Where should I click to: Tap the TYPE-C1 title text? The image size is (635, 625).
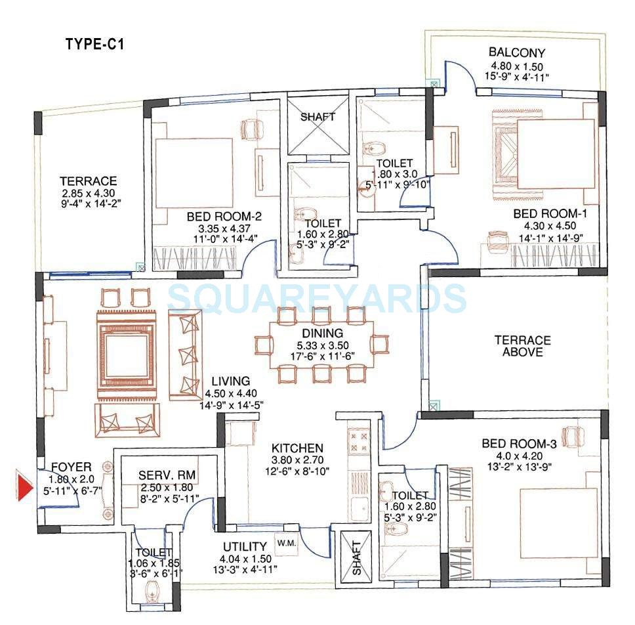94,45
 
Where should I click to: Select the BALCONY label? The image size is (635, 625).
516,53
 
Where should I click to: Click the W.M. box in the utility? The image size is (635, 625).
286,543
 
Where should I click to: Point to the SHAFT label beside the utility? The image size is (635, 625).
356,558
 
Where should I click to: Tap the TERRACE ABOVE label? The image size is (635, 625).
522,346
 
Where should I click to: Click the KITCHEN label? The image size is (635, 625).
298,448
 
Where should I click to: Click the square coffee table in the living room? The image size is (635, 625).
129,355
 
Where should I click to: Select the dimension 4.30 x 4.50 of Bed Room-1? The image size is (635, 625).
541,226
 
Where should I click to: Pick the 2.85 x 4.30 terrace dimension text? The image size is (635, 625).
88,193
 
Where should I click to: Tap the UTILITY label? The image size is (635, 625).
245,546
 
